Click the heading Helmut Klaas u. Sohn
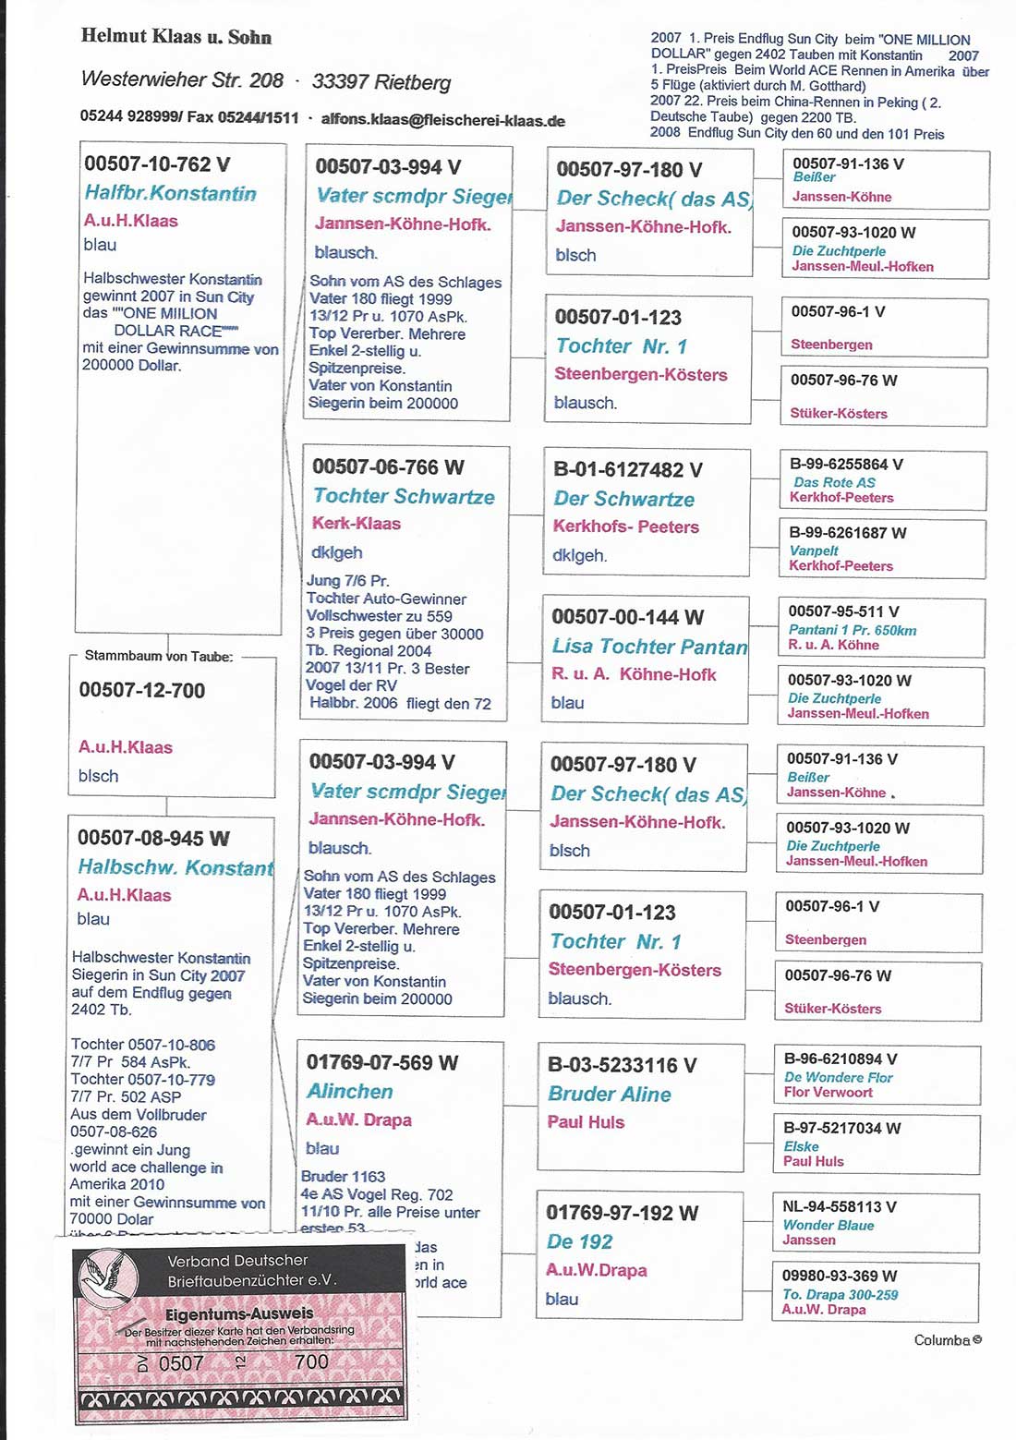tap(175, 37)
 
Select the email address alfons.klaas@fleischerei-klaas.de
tap(442, 120)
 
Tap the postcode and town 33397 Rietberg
tap(381, 82)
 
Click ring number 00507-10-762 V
tap(157, 164)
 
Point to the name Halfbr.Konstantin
tap(170, 193)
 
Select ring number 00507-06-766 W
tap(388, 467)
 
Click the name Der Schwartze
tap(623, 499)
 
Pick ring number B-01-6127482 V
tap(627, 469)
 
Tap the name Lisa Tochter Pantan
tap(649, 647)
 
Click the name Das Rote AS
tap(834, 482)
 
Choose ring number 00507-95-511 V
tap(843, 611)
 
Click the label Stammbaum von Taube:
tap(159, 656)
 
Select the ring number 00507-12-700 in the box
tap(142, 690)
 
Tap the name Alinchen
tap(350, 1091)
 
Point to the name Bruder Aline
tap(609, 1094)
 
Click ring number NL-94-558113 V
tap(840, 1206)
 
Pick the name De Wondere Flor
tap(838, 1077)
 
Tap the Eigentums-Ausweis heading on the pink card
tap(239, 1313)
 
